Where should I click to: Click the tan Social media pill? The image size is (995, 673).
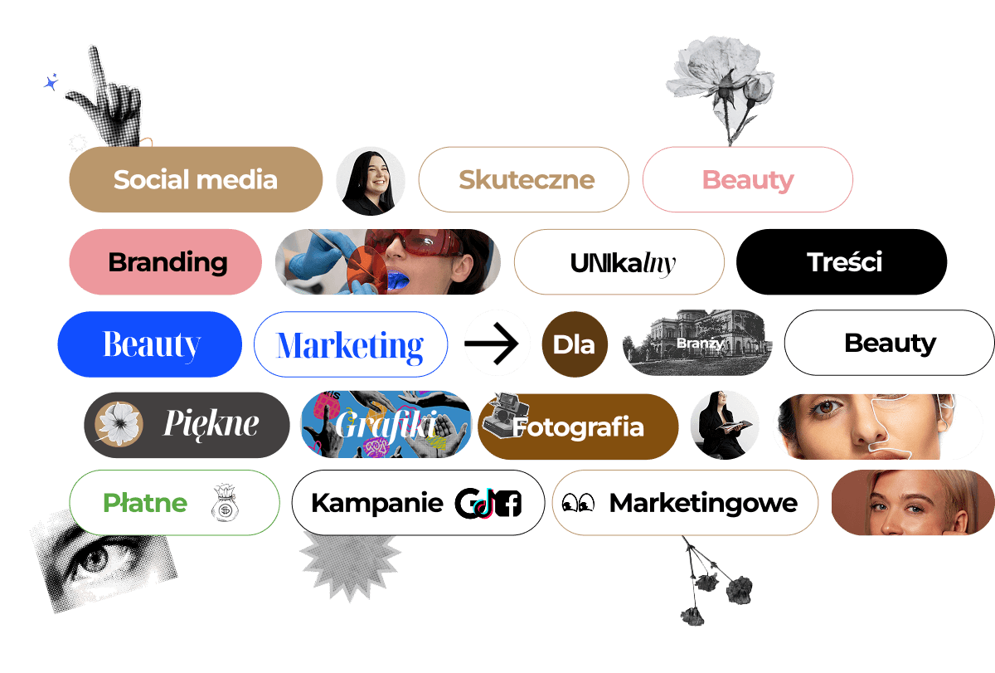click(195, 179)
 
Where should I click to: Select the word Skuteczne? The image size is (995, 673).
click(527, 179)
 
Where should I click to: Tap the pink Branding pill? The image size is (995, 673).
click(167, 262)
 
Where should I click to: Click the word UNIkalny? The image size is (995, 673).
click(623, 263)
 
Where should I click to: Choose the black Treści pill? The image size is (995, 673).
click(844, 262)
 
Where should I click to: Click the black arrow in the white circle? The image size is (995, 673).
click(497, 344)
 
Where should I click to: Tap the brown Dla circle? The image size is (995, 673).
click(574, 344)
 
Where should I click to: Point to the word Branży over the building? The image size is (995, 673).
click(700, 343)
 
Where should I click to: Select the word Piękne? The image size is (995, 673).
click(211, 424)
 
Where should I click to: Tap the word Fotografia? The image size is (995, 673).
click(578, 427)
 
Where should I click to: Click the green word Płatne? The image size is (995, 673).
click(145, 503)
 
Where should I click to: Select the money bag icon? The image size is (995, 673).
click(224, 503)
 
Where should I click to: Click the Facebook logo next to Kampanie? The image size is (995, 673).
click(507, 504)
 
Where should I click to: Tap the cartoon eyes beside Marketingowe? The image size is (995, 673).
click(578, 503)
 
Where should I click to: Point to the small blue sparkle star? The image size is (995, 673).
click(51, 82)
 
